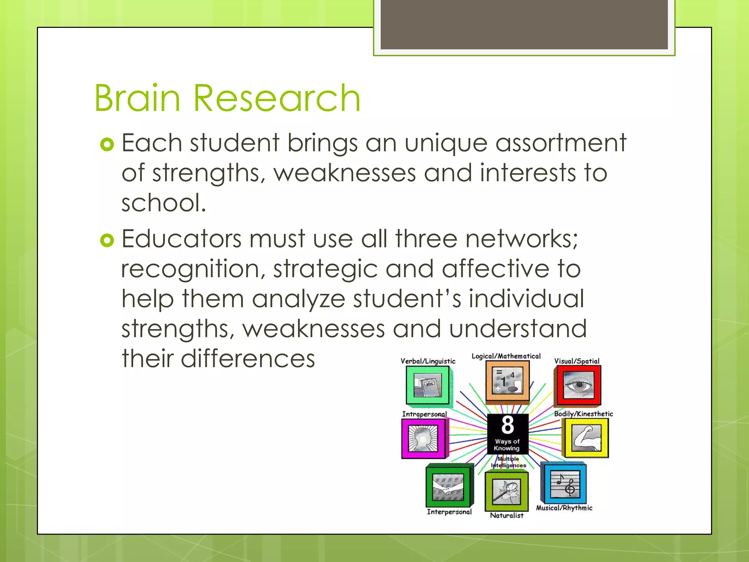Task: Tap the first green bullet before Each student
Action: pos(107,145)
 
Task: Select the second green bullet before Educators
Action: pos(107,240)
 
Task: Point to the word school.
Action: pos(163,203)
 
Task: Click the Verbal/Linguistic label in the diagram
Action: pos(428,361)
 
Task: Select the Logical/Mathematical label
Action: pos(506,356)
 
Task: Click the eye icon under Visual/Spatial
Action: pos(577,385)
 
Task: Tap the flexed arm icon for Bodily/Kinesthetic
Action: pos(586,438)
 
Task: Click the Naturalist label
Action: pos(507,516)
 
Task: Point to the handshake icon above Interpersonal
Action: pos(448,487)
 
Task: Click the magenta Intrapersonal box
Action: pos(424,438)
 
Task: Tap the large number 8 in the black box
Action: pos(508,425)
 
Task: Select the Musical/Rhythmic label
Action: pos(564,508)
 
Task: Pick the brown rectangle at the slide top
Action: pos(524,25)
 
